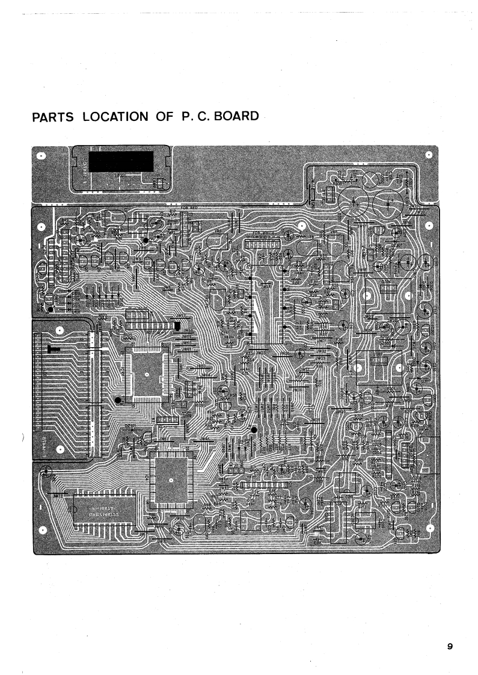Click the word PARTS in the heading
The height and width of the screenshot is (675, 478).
pos(53,117)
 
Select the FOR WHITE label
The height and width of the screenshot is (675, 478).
pos(264,232)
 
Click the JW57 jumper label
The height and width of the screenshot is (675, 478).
pos(180,316)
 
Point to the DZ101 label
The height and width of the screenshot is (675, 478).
pos(130,425)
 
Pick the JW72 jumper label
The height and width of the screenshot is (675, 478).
pos(58,496)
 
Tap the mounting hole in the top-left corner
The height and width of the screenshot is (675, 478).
pos(41,155)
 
